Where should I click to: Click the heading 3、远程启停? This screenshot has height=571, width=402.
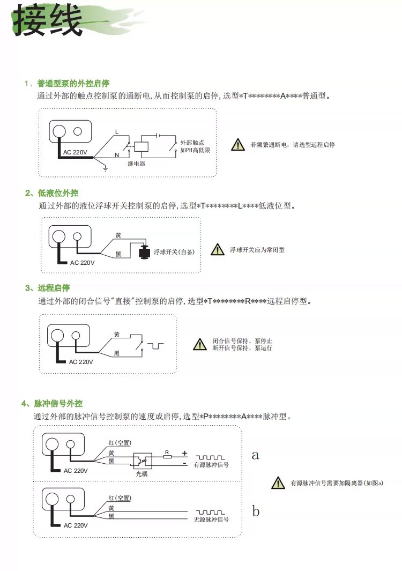pos(48,288)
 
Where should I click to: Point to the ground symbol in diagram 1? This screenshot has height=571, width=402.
pos(106,168)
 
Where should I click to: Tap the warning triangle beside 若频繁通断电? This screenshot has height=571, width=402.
pos(237,145)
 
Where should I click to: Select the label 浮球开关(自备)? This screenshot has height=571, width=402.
pos(174,251)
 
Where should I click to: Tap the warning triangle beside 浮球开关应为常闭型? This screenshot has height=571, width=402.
pos(217,249)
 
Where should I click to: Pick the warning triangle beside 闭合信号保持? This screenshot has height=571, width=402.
pos(199,344)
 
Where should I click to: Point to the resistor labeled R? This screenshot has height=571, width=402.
pos(167,456)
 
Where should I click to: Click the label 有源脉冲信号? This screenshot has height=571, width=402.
pos(211,465)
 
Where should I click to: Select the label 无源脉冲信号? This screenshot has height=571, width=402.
pos(211,520)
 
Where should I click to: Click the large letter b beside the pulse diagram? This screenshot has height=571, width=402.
pos(256,511)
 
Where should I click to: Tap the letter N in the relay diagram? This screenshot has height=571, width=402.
pos(116,154)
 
